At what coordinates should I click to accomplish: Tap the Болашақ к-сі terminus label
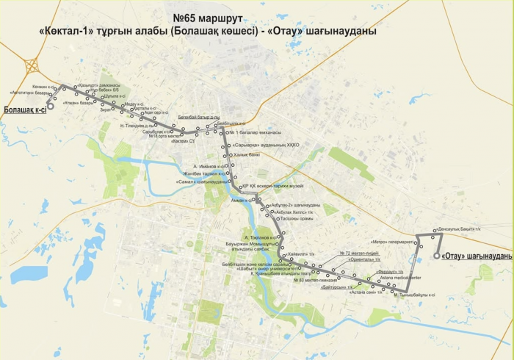coord(25,109)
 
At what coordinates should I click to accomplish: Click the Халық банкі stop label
coord(246,155)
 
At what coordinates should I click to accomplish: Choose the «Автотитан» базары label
coord(32,93)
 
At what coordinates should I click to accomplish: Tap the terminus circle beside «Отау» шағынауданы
coord(436,256)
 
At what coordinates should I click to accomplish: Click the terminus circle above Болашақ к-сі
coord(50,106)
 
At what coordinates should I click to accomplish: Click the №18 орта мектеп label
coord(164,136)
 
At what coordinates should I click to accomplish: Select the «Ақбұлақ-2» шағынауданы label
coord(295,204)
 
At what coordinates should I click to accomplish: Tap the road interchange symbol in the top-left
coord(32,65)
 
